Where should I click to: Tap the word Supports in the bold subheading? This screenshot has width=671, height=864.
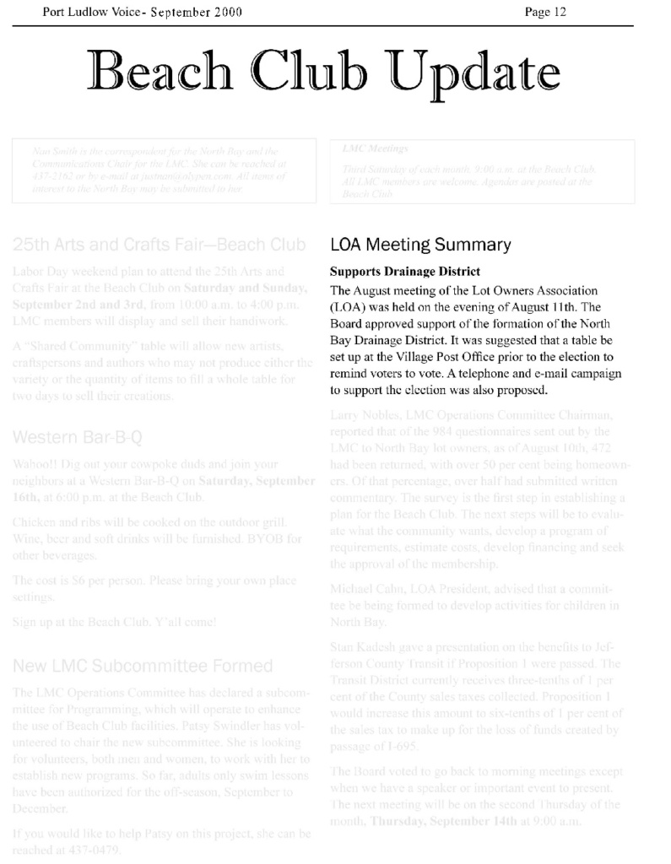[357, 272]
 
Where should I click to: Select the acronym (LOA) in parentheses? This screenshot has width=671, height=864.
[349, 306]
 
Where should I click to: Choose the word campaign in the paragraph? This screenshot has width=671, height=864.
[594, 374]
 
